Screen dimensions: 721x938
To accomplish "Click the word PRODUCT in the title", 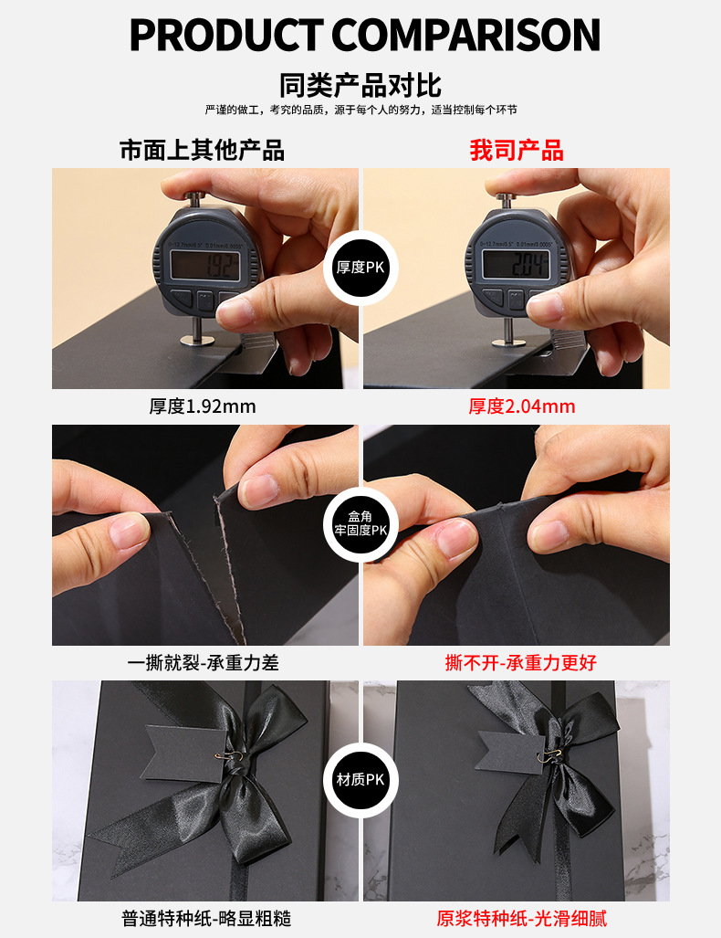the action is click(x=226, y=35).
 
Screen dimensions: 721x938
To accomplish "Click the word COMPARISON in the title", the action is click(x=465, y=35).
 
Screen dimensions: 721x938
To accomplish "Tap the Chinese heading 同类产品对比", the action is click(x=360, y=85).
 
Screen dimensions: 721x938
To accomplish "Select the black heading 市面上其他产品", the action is click(x=202, y=150).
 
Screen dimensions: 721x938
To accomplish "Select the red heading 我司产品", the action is click(x=517, y=150).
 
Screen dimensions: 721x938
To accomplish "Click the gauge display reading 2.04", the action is click(x=517, y=264).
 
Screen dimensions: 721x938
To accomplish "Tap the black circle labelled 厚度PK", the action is click(x=360, y=268).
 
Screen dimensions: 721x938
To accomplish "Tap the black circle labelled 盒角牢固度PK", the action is click(x=360, y=523).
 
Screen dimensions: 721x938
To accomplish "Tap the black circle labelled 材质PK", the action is click(x=360, y=779).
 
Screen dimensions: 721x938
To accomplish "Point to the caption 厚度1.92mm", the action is click(x=203, y=406).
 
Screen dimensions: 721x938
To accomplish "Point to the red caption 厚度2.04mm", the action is click(x=522, y=406).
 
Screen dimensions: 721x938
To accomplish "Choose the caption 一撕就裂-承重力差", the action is click(x=204, y=663).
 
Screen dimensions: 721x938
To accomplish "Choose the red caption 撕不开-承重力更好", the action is click(x=521, y=663).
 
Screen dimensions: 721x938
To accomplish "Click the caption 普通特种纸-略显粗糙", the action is click(x=206, y=918).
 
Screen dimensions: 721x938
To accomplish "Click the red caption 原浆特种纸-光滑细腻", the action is click(x=521, y=918).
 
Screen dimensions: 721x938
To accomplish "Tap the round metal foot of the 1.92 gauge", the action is click(x=197, y=341).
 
